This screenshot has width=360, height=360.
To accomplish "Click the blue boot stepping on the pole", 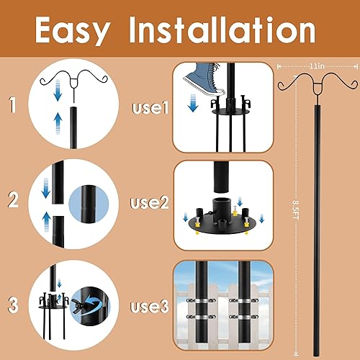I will (x=204, y=77).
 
